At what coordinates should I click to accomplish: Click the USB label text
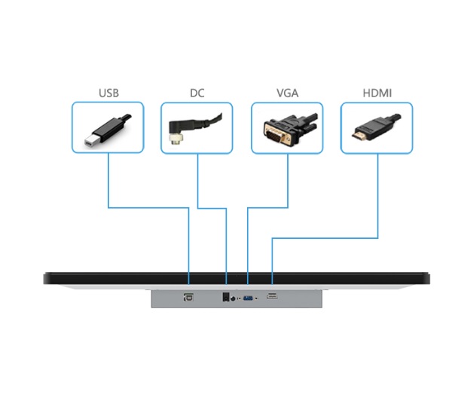point(108,93)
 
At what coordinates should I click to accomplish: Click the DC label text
point(197,93)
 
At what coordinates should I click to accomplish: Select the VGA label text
point(287,93)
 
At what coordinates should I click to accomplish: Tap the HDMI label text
point(377,93)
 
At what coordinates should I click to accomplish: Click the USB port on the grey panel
point(188,297)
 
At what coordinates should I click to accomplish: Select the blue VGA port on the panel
point(247,298)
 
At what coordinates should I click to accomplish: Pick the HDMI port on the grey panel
point(272,297)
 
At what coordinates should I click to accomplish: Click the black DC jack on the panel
point(225,297)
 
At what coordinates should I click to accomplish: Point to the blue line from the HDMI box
point(377,196)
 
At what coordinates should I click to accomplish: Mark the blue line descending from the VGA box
point(287,181)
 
